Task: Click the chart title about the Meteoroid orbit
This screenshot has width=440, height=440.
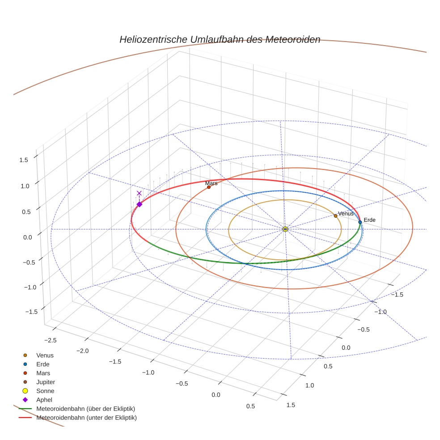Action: pyautogui.click(x=220, y=39)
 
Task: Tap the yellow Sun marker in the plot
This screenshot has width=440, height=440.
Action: pyautogui.click(x=285, y=229)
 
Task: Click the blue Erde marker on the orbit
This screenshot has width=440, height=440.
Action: pyautogui.click(x=360, y=222)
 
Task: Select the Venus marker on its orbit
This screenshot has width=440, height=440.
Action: pyautogui.click(x=335, y=216)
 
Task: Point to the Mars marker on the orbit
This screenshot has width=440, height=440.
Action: pyautogui.click(x=209, y=187)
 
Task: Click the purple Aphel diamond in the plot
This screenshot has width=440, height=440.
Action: pyautogui.click(x=139, y=204)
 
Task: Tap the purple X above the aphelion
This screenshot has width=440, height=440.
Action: pyautogui.click(x=139, y=193)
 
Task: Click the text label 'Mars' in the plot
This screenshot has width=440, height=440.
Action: pyautogui.click(x=211, y=183)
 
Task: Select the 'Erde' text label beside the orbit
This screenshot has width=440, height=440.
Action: pyautogui.click(x=369, y=220)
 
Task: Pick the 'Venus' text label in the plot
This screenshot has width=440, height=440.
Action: pyautogui.click(x=346, y=214)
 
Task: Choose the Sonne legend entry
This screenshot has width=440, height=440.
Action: pyautogui.click(x=45, y=391)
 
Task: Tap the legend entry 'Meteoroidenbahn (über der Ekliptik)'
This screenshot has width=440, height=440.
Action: pyautogui.click(x=85, y=409)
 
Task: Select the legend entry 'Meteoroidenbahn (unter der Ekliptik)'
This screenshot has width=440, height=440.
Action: pyautogui.click(x=86, y=418)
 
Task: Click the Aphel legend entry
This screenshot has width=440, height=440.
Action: pyautogui.click(x=44, y=400)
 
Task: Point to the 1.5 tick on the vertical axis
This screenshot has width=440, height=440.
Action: pyautogui.click(x=24, y=160)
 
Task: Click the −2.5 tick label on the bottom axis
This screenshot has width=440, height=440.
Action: pyautogui.click(x=50, y=340)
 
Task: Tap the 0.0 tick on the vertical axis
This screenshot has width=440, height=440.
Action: pyautogui.click(x=28, y=237)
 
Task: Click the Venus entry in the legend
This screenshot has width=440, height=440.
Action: pyautogui.click(x=45, y=355)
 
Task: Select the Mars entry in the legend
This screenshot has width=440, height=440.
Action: pyautogui.click(x=43, y=373)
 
